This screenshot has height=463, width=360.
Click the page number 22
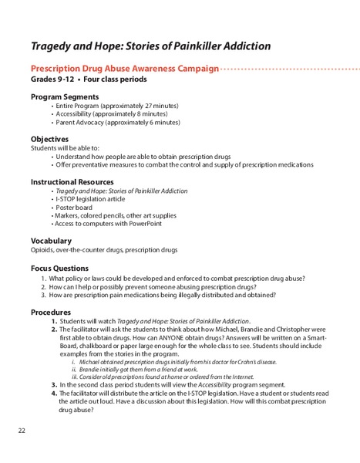point(22,430)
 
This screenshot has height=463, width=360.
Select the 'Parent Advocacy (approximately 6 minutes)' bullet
point(117,123)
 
